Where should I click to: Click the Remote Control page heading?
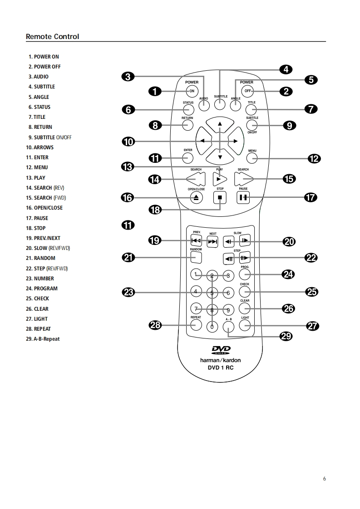tap(52, 36)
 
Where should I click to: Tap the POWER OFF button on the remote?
tap(247, 91)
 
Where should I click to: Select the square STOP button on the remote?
tap(220, 198)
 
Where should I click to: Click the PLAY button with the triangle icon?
tap(220, 179)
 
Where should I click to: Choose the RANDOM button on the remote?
tap(196, 258)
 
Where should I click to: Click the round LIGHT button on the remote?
tap(245, 325)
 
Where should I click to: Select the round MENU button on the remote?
tap(252, 157)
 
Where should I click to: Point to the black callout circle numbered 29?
tap(286, 336)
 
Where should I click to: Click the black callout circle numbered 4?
tap(286, 69)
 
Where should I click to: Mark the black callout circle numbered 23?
tap(129, 292)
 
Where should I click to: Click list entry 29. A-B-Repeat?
tap(43, 339)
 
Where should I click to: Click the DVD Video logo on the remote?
tap(221, 350)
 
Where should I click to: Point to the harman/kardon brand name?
tap(221, 360)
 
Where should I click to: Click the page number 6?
tap(324, 478)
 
